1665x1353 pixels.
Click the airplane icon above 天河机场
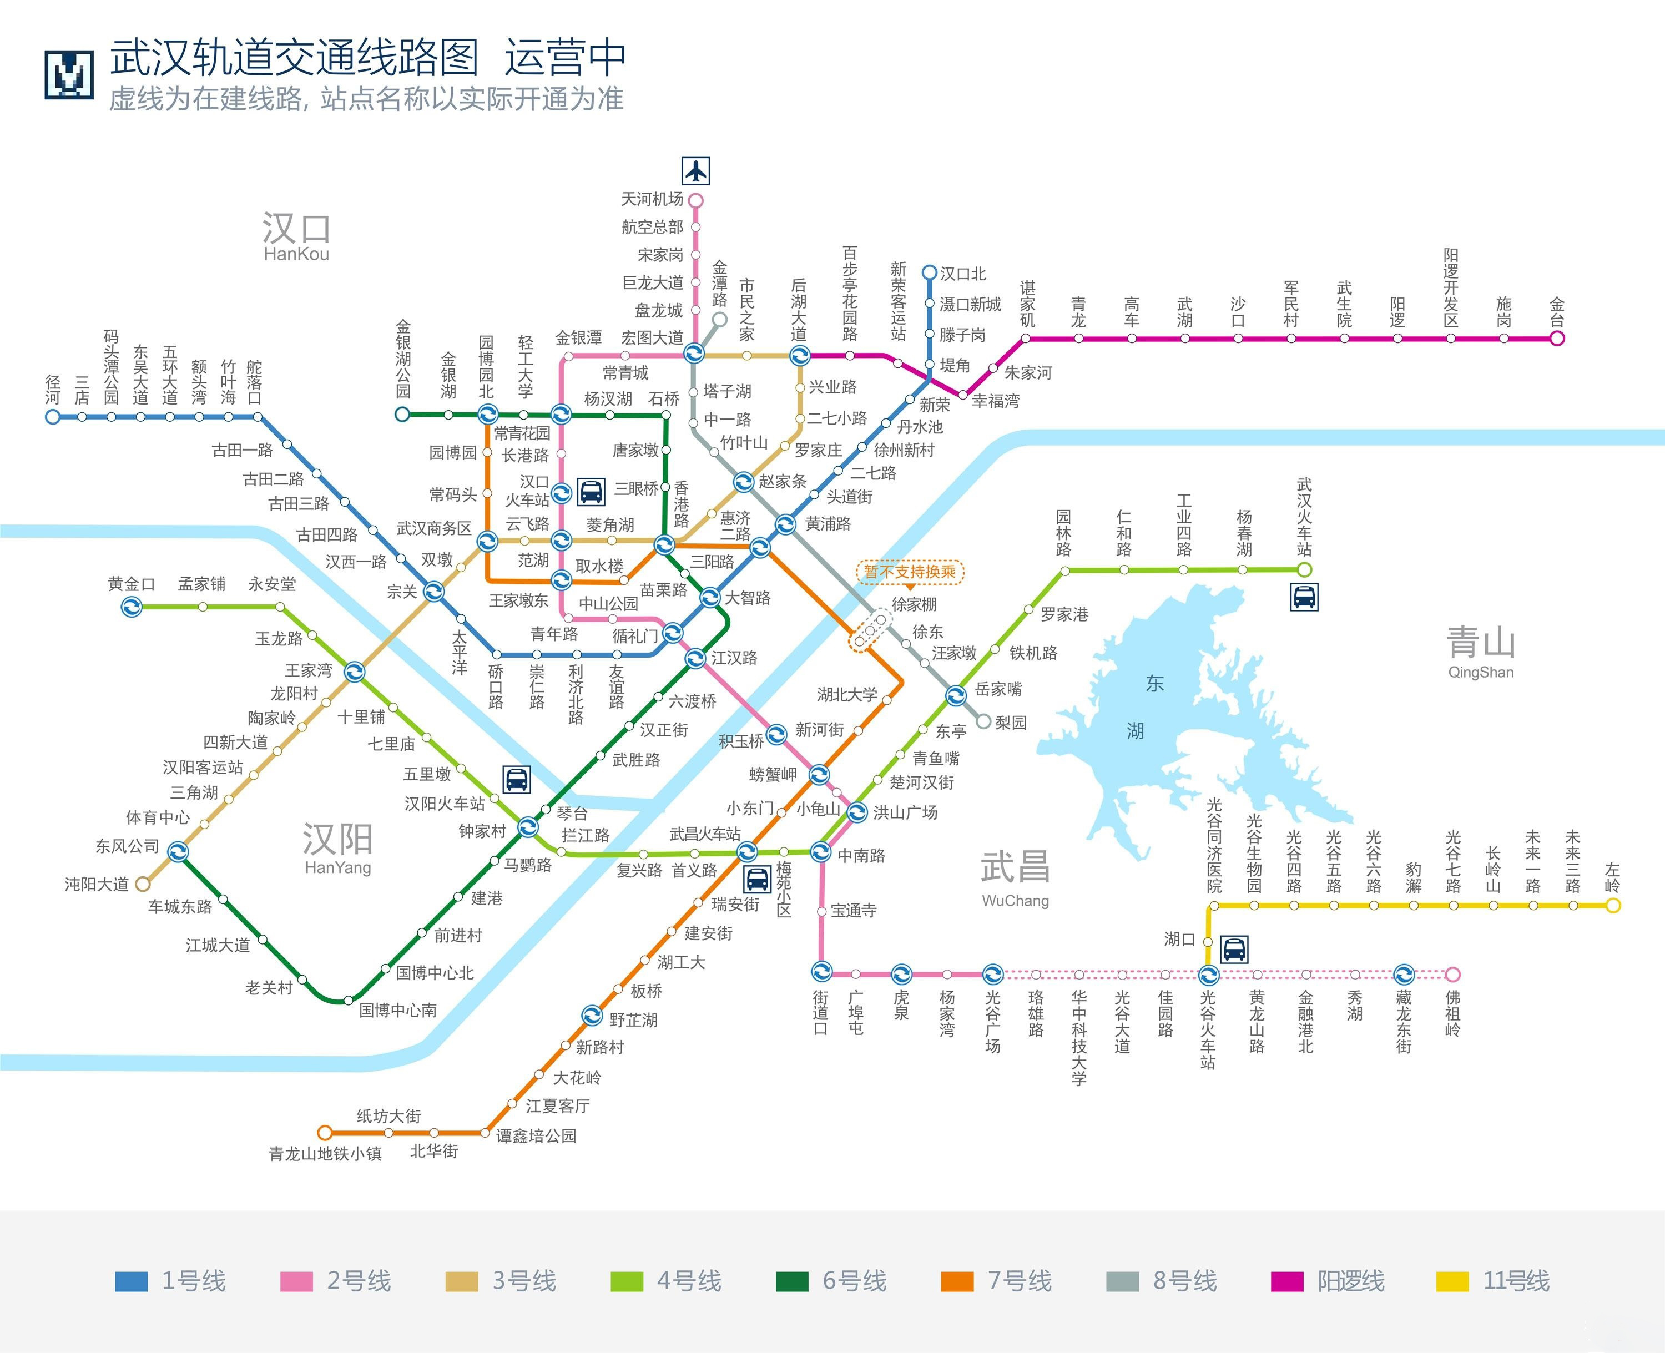pyautogui.click(x=695, y=171)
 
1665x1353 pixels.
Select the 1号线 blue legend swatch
pyautogui.click(x=131, y=1282)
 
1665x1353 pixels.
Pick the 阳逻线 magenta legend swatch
pyautogui.click(x=1287, y=1282)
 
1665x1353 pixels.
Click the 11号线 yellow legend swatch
pyautogui.click(x=1453, y=1282)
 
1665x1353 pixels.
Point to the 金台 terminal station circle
pyautogui.click(x=1557, y=339)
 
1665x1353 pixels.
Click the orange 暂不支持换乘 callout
pyautogui.click(x=910, y=573)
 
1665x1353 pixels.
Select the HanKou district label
pyautogui.click(x=296, y=254)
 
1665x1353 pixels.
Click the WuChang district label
pyautogui.click(x=1015, y=901)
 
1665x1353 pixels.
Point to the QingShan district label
pyautogui.click(x=1480, y=673)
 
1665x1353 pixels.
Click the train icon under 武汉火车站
pyautogui.click(x=1304, y=598)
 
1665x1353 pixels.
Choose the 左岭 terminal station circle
pyautogui.click(x=1613, y=906)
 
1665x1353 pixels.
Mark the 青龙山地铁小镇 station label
pyautogui.click(x=325, y=1154)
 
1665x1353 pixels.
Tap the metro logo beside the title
pyautogui.click(x=69, y=75)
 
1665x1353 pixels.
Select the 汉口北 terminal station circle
pyautogui.click(x=929, y=273)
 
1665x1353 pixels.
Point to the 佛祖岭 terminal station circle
pyautogui.click(x=1452, y=974)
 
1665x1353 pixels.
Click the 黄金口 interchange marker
pyautogui.click(x=132, y=607)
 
